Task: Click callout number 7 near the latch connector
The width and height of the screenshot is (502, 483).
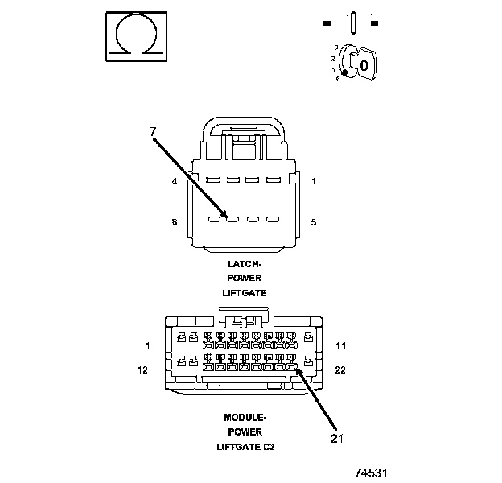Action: pyautogui.click(x=153, y=130)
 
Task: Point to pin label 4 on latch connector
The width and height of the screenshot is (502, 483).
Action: pyautogui.click(x=174, y=182)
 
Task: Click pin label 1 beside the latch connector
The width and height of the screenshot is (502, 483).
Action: pyautogui.click(x=313, y=182)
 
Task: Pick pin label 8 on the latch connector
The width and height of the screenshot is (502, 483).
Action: pyautogui.click(x=174, y=221)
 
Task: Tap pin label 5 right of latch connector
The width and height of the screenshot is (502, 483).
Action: pyautogui.click(x=313, y=221)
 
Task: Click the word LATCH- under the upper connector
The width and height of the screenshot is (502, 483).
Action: pyautogui.click(x=245, y=263)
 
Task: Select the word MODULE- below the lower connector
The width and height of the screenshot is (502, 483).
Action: pyautogui.click(x=245, y=417)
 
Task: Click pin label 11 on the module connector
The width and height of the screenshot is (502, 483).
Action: pyautogui.click(x=341, y=346)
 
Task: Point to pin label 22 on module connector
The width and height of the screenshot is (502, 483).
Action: pyautogui.click(x=341, y=370)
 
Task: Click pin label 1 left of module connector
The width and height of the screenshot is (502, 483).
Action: pyautogui.click(x=148, y=346)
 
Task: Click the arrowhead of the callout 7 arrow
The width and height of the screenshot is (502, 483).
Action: pyautogui.click(x=228, y=216)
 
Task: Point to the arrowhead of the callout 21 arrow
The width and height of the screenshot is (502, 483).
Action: pyautogui.click(x=297, y=369)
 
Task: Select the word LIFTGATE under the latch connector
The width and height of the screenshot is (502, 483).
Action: pyautogui.click(x=245, y=292)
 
